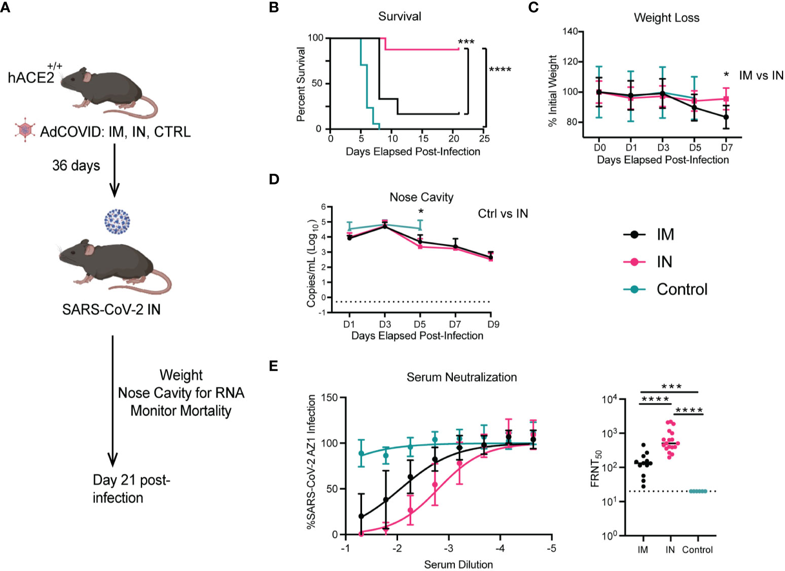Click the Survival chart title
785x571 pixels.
[400, 16]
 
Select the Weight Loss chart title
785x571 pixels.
[666, 18]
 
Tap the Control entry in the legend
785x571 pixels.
[665, 289]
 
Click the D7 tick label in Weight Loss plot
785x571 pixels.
[727, 147]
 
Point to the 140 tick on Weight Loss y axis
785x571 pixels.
[570, 31]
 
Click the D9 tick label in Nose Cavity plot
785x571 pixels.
[493, 324]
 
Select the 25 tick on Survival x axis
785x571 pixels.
[484, 139]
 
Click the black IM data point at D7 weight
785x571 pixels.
[726, 117]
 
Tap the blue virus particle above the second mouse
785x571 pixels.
[117, 221]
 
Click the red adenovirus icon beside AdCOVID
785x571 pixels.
[25, 130]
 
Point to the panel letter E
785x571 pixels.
[273, 366]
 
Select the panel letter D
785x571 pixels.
[274, 179]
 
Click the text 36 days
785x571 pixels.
[76, 166]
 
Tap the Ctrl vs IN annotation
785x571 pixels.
[503, 214]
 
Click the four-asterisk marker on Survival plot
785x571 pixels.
[500, 70]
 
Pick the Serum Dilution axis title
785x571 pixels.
[458, 564]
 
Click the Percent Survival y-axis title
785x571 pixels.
[301, 85]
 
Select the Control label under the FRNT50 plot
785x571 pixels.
[697, 550]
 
